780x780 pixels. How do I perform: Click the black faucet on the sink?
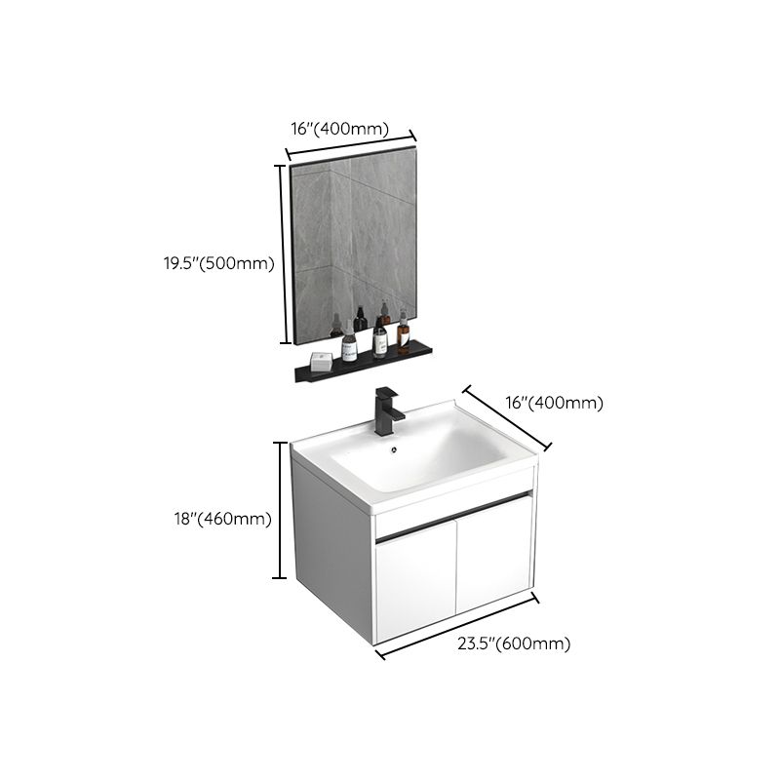point(388,410)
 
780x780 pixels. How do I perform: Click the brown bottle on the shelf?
point(404,334)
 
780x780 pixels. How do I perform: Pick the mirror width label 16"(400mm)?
point(339,129)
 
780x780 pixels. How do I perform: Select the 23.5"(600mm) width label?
point(515,643)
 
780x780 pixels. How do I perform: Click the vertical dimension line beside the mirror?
point(282,253)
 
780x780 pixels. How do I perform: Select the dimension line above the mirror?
point(351,143)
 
